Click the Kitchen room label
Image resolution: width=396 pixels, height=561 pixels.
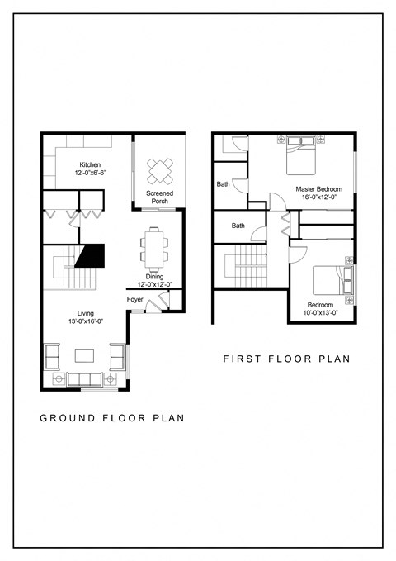(90, 164)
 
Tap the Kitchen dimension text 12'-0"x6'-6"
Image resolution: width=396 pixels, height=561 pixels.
(90, 172)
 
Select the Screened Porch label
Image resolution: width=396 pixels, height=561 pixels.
(159, 197)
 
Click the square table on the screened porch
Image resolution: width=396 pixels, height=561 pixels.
(159, 170)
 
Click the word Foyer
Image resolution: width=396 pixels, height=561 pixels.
(135, 299)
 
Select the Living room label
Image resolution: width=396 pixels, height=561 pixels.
(86, 313)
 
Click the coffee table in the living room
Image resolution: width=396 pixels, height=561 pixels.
(86, 356)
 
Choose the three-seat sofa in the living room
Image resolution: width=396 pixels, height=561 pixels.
(86, 378)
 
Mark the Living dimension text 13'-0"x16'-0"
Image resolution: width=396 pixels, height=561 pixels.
(86, 322)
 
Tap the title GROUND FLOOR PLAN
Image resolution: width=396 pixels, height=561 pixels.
(111, 418)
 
